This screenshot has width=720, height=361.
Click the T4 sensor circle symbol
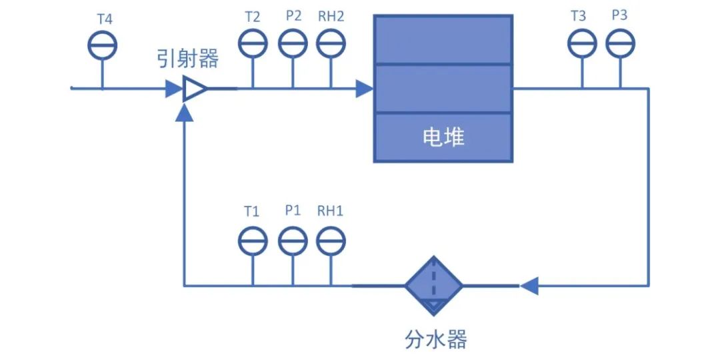[x=103, y=45]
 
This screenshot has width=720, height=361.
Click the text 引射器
[x=187, y=59]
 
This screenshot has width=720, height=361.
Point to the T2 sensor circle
[x=253, y=44]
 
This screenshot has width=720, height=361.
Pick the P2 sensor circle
[x=293, y=44]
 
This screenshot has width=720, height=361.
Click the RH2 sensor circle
[x=330, y=44]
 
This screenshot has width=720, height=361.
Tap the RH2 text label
[x=331, y=16]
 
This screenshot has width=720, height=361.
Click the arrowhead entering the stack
[x=364, y=88]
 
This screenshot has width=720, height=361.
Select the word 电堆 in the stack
[x=443, y=137]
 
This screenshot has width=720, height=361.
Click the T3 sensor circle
[x=581, y=44]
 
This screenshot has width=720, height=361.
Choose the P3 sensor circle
[x=620, y=44]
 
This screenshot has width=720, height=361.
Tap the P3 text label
[x=619, y=15]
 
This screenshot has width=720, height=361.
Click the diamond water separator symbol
[x=433, y=286]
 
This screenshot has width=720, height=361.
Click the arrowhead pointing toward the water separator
[x=529, y=286]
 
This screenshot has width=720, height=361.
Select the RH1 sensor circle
[x=330, y=241]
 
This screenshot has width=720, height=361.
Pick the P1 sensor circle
[x=292, y=241]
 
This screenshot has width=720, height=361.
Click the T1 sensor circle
[x=253, y=241]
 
